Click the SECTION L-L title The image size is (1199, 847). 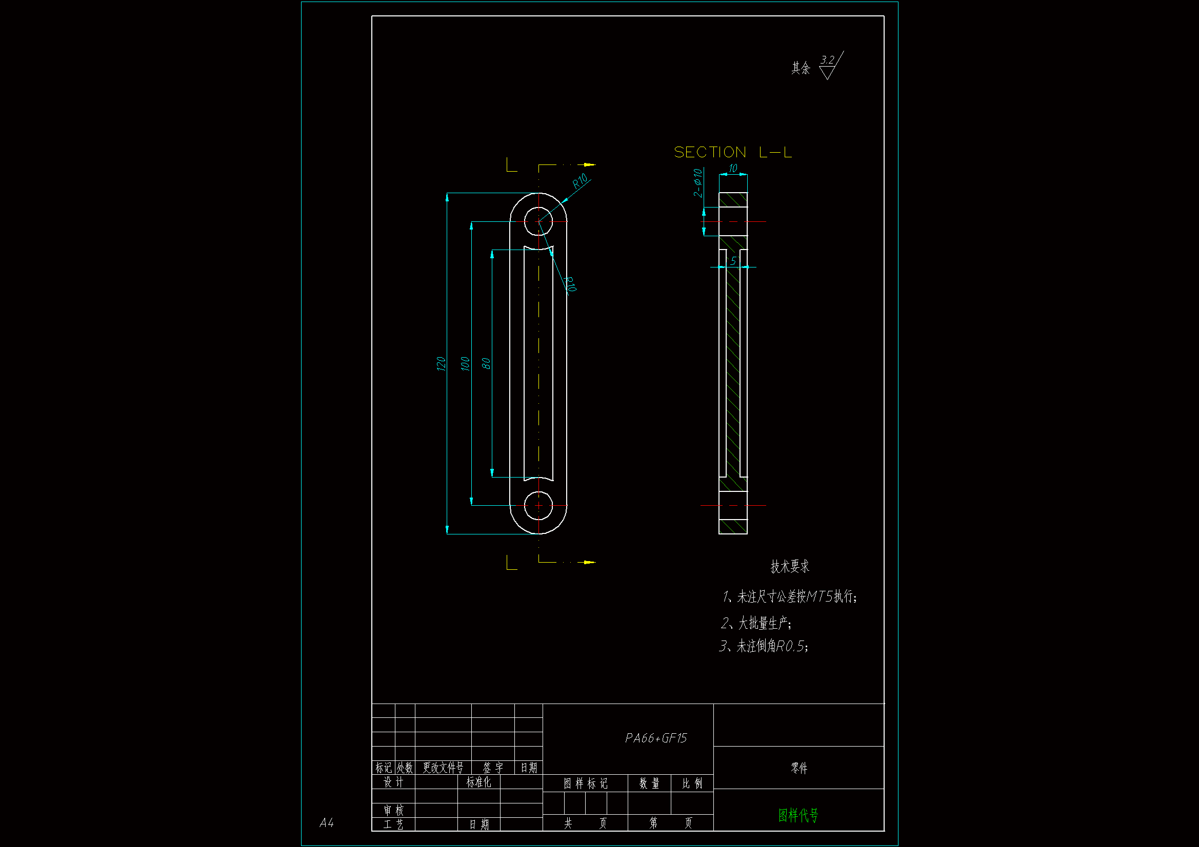(732, 152)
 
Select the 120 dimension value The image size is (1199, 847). (441, 363)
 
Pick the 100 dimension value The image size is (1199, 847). (465, 363)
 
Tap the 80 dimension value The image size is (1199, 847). (486, 363)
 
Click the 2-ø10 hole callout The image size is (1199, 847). (697, 182)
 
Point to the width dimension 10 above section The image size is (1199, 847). (733, 168)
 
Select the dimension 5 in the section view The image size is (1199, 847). (733, 260)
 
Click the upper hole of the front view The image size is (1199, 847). (538, 221)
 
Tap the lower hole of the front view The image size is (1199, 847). (538, 505)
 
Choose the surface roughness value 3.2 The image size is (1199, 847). (827, 60)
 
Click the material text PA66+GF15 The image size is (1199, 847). (656, 738)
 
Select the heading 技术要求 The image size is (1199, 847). (790, 566)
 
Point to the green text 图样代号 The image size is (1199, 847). (798, 815)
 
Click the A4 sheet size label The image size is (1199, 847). (326, 823)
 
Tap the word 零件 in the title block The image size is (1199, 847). (799, 768)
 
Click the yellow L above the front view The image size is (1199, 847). (511, 165)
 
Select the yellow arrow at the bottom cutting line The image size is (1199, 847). (589, 562)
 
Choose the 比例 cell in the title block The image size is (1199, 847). (692, 783)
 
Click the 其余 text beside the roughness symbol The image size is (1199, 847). (801, 68)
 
